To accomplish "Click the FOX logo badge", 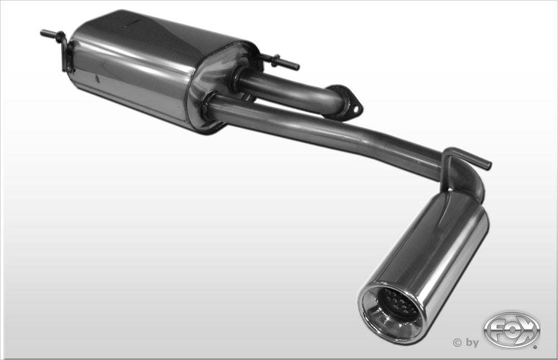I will click(511, 329).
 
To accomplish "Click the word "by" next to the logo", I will click(472, 343).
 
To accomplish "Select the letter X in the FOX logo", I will click(527, 329).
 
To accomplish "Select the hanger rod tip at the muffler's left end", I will click(44, 33).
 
